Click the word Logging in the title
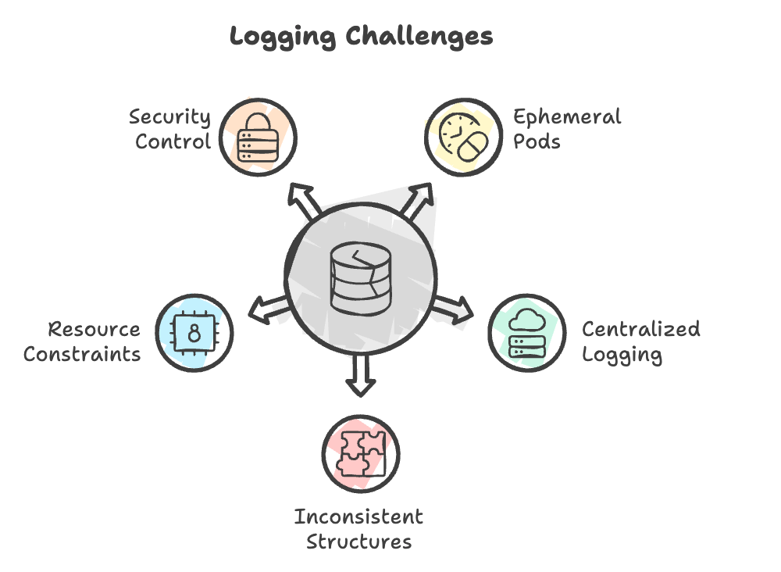pyautogui.click(x=283, y=38)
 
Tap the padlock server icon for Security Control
pyautogui.click(x=258, y=138)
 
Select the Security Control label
pyautogui.click(x=169, y=129)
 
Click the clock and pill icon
pyautogui.click(x=463, y=137)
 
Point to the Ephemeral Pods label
pyautogui.click(x=567, y=129)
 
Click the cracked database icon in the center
pyautogui.click(x=361, y=278)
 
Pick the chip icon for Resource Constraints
pyautogui.click(x=194, y=333)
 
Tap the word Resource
pyautogui.click(x=95, y=329)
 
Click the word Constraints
pyautogui.click(x=82, y=354)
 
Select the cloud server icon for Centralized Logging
pyautogui.click(x=527, y=333)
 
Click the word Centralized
pyautogui.click(x=641, y=329)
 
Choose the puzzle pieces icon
pyautogui.click(x=361, y=453)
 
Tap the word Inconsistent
pyautogui.click(x=358, y=517)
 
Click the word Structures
pyautogui.click(x=359, y=542)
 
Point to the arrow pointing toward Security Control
pyautogui.click(x=304, y=201)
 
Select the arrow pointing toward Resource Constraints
pyautogui.click(x=269, y=309)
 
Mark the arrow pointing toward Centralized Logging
pyautogui.click(x=452, y=309)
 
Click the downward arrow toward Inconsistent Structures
pyautogui.click(x=361, y=375)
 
